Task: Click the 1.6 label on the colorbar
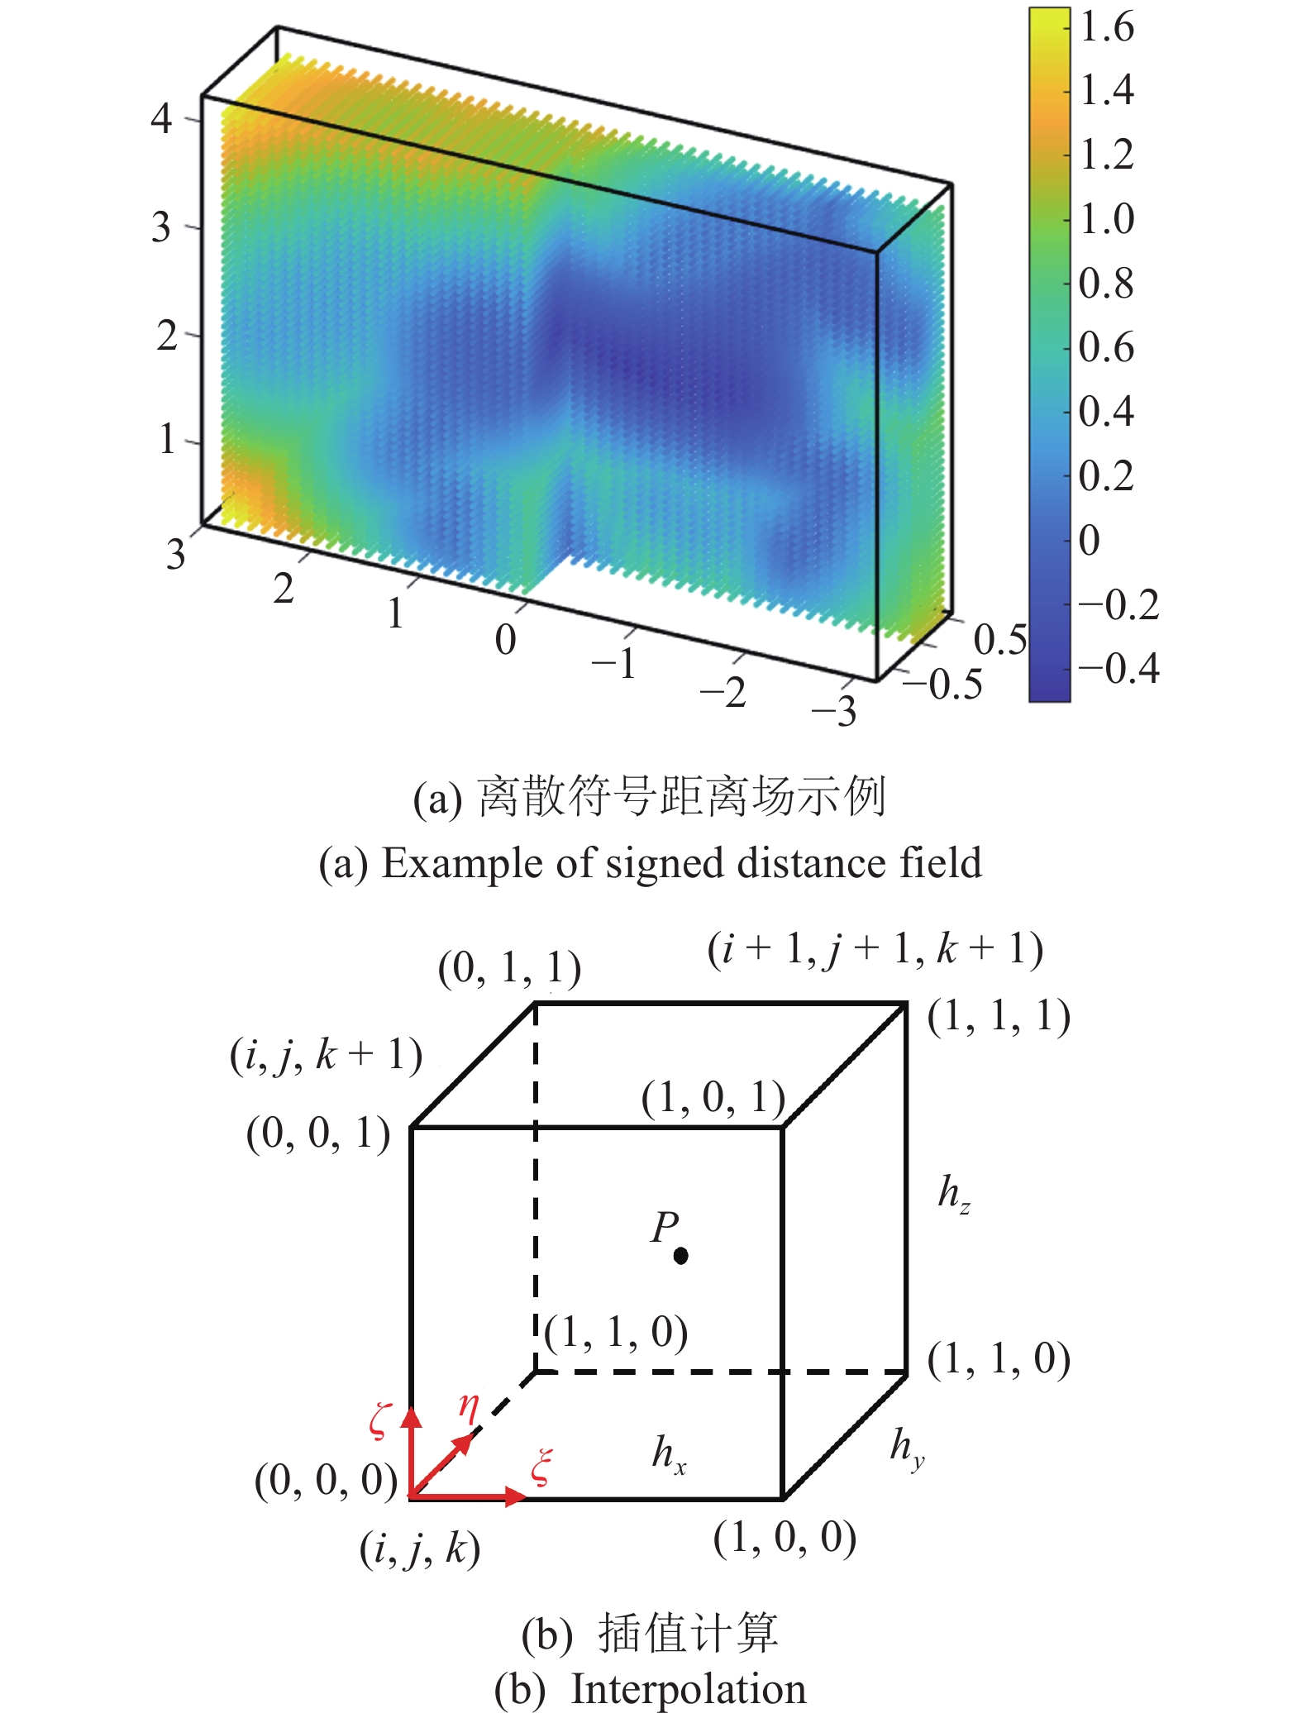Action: point(1107,27)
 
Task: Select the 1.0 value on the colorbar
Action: point(1107,219)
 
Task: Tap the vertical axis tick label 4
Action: point(162,118)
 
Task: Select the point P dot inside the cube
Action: point(680,1256)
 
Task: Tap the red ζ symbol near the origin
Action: point(379,1420)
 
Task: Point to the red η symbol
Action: point(469,1405)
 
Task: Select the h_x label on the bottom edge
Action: point(668,1454)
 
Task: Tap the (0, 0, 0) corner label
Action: point(326,1480)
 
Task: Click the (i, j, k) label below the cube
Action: point(420,1549)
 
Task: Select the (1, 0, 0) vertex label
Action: point(785,1538)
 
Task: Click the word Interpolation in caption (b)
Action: point(688,1688)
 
